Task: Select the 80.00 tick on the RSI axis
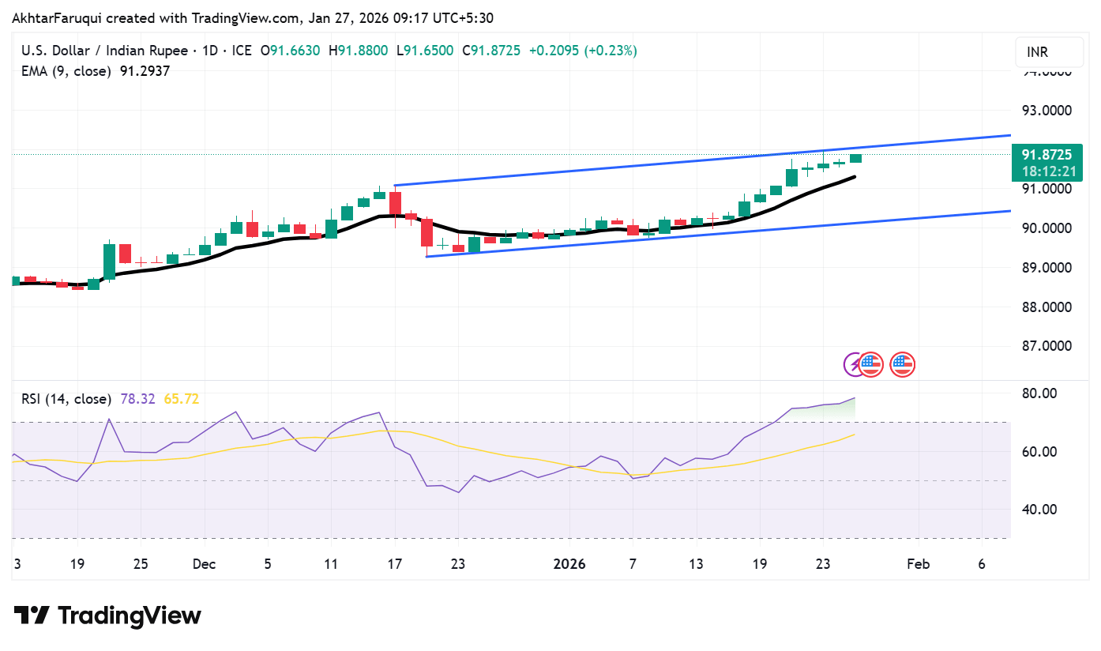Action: point(1039,393)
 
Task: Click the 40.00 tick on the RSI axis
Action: point(1039,510)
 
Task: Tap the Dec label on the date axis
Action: point(204,564)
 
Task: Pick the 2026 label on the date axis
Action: point(569,564)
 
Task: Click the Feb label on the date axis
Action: point(918,564)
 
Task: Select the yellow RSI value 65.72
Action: point(181,399)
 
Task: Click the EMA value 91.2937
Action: point(145,71)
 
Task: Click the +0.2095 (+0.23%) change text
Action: point(583,51)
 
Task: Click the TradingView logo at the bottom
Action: point(107,615)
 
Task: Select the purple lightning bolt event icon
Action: point(853,364)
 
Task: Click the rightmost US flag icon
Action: point(902,364)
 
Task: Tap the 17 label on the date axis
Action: point(394,564)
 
